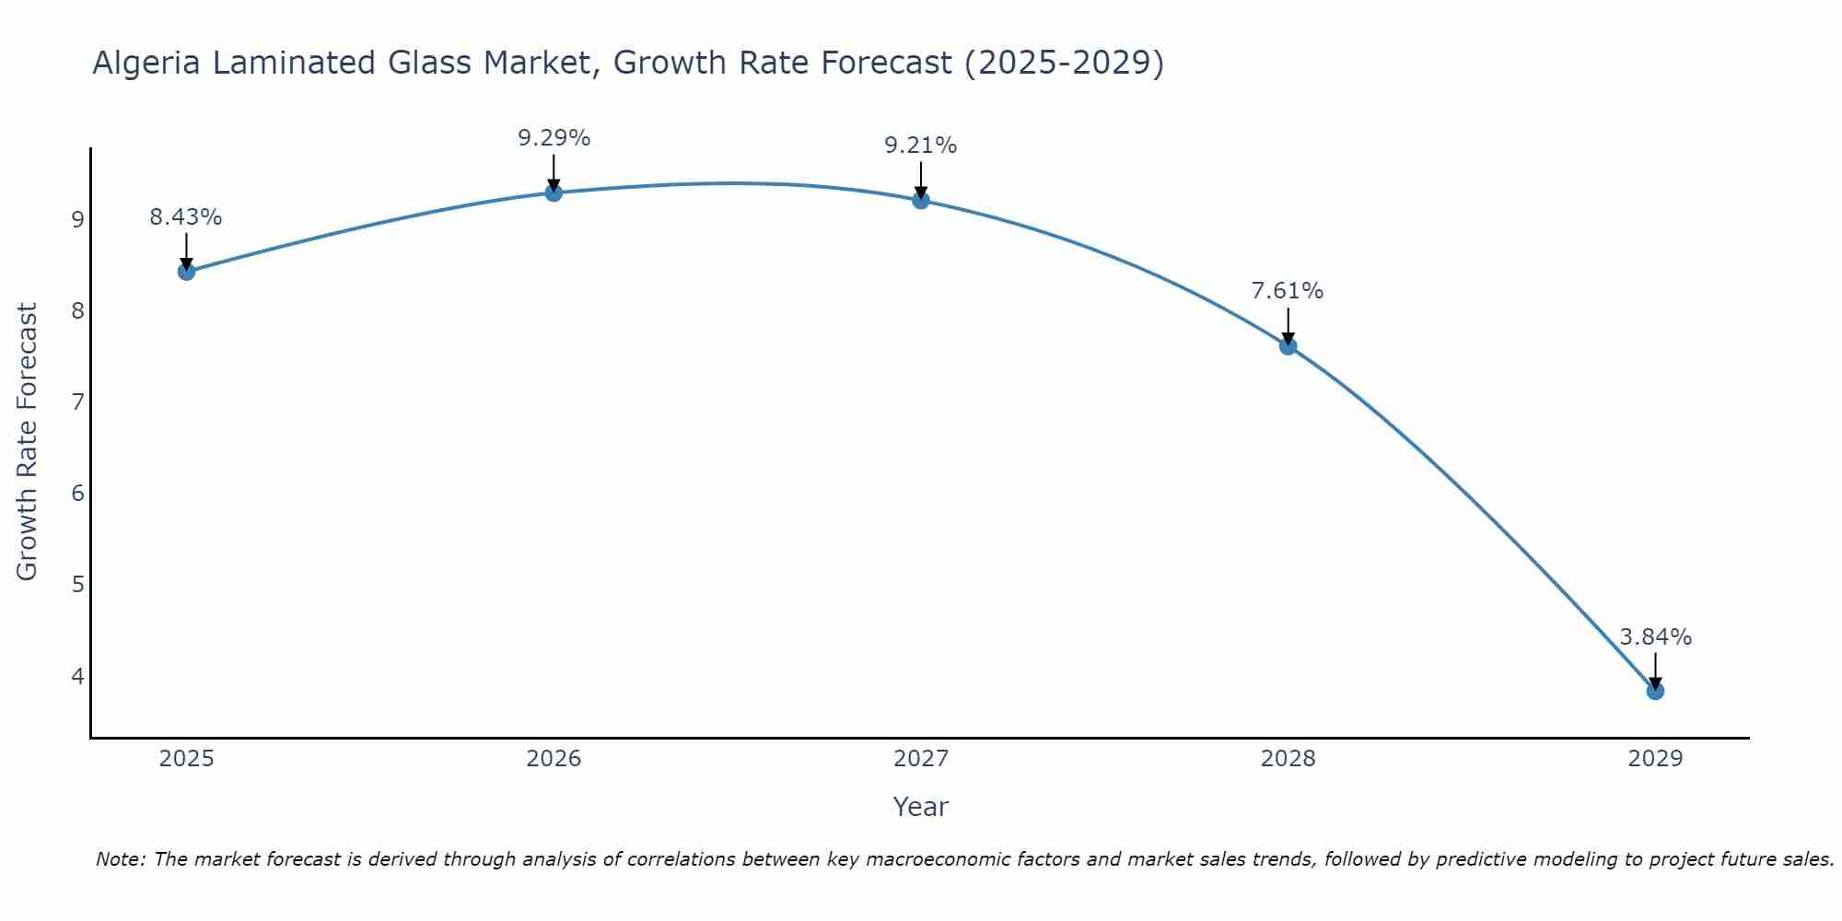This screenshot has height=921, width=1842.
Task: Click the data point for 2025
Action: pos(186,271)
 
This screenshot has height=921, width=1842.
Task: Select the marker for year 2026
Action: pos(554,192)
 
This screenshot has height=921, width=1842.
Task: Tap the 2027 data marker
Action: pos(921,200)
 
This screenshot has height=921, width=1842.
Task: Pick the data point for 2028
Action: pos(1288,346)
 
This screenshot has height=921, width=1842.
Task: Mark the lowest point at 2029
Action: pos(1655,691)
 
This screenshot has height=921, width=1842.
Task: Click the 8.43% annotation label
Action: pos(186,217)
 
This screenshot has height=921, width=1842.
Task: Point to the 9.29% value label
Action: pos(554,138)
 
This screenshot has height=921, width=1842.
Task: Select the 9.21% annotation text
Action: pos(921,146)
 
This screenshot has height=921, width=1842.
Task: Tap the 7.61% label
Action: pos(1288,291)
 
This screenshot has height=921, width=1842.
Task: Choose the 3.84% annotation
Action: pos(1655,637)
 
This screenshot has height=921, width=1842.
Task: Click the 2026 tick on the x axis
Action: pos(554,759)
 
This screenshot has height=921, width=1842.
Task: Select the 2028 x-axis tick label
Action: pos(1288,759)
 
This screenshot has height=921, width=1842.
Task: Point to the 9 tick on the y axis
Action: pos(77,219)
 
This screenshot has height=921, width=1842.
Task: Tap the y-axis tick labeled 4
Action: pos(77,676)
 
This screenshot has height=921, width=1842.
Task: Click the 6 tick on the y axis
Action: pos(77,494)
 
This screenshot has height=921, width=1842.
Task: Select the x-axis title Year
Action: pos(921,807)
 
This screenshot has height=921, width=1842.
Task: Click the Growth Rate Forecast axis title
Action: pos(28,442)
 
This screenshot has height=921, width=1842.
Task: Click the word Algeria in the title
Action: pos(147,63)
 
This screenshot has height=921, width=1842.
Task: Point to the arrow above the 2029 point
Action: pos(1655,670)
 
